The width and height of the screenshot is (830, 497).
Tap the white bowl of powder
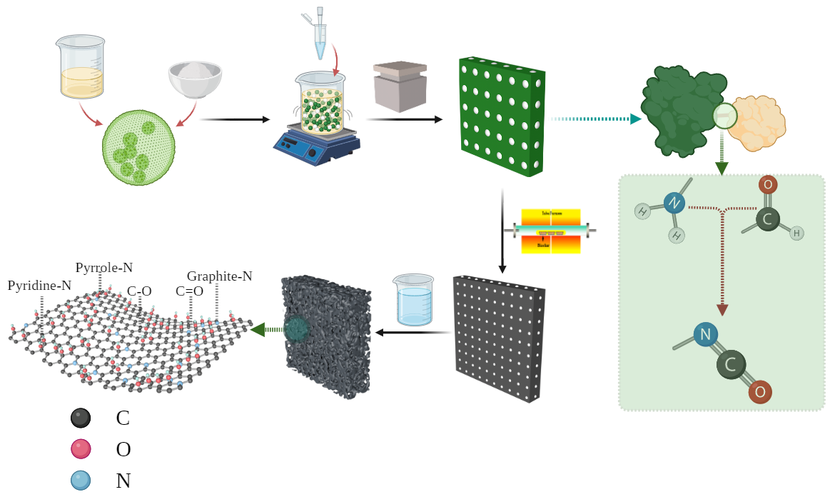tap(195, 78)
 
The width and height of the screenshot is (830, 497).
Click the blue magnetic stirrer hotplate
tap(316, 146)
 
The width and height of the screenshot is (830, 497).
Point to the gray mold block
tap(400, 86)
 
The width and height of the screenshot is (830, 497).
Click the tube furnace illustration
tap(551, 231)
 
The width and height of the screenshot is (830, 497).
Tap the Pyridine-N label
tap(39, 286)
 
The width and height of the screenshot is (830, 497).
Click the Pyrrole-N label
tap(104, 268)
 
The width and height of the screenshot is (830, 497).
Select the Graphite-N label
tap(220, 276)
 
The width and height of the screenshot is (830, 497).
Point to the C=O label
tap(190, 291)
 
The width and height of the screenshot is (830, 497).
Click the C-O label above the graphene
tap(139, 291)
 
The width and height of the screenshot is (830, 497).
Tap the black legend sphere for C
tap(81, 418)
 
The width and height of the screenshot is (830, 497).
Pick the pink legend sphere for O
tap(81, 449)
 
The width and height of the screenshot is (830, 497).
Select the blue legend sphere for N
tap(81, 481)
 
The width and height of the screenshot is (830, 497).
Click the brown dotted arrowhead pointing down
tap(722, 310)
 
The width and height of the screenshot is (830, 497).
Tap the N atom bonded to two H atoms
tap(674, 204)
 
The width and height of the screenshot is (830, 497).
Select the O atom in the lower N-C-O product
tap(760, 391)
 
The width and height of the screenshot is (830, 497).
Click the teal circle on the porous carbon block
tap(296, 329)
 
